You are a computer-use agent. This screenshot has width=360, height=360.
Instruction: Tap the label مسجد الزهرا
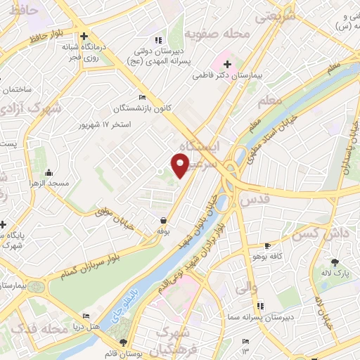click(x=49, y=184)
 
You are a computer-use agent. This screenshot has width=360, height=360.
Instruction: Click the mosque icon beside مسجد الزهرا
click(x=49, y=173)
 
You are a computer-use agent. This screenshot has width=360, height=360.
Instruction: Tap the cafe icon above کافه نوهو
click(x=267, y=246)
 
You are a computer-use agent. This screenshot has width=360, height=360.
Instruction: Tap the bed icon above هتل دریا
click(x=86, y=317)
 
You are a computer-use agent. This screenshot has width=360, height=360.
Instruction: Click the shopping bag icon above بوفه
click(x=163, y=220)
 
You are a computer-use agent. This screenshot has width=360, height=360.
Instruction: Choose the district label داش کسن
click(x=316, y=233)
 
